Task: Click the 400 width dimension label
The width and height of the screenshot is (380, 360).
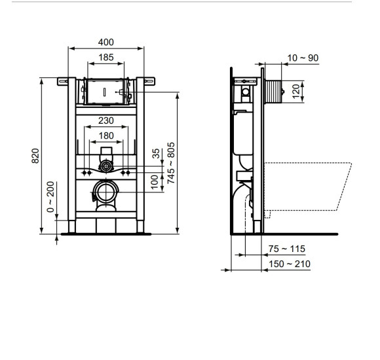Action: point(105,42)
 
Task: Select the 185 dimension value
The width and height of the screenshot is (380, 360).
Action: point(106,58)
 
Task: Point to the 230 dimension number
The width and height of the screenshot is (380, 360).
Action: point(106,120)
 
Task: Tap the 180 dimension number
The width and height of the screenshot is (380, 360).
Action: point(106,135)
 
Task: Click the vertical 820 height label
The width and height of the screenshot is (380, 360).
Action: point(37,155)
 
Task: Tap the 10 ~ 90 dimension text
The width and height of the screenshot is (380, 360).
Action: point(303,58)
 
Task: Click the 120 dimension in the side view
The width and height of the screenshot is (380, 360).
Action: point(295,90)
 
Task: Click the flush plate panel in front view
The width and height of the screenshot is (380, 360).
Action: point(105,92)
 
